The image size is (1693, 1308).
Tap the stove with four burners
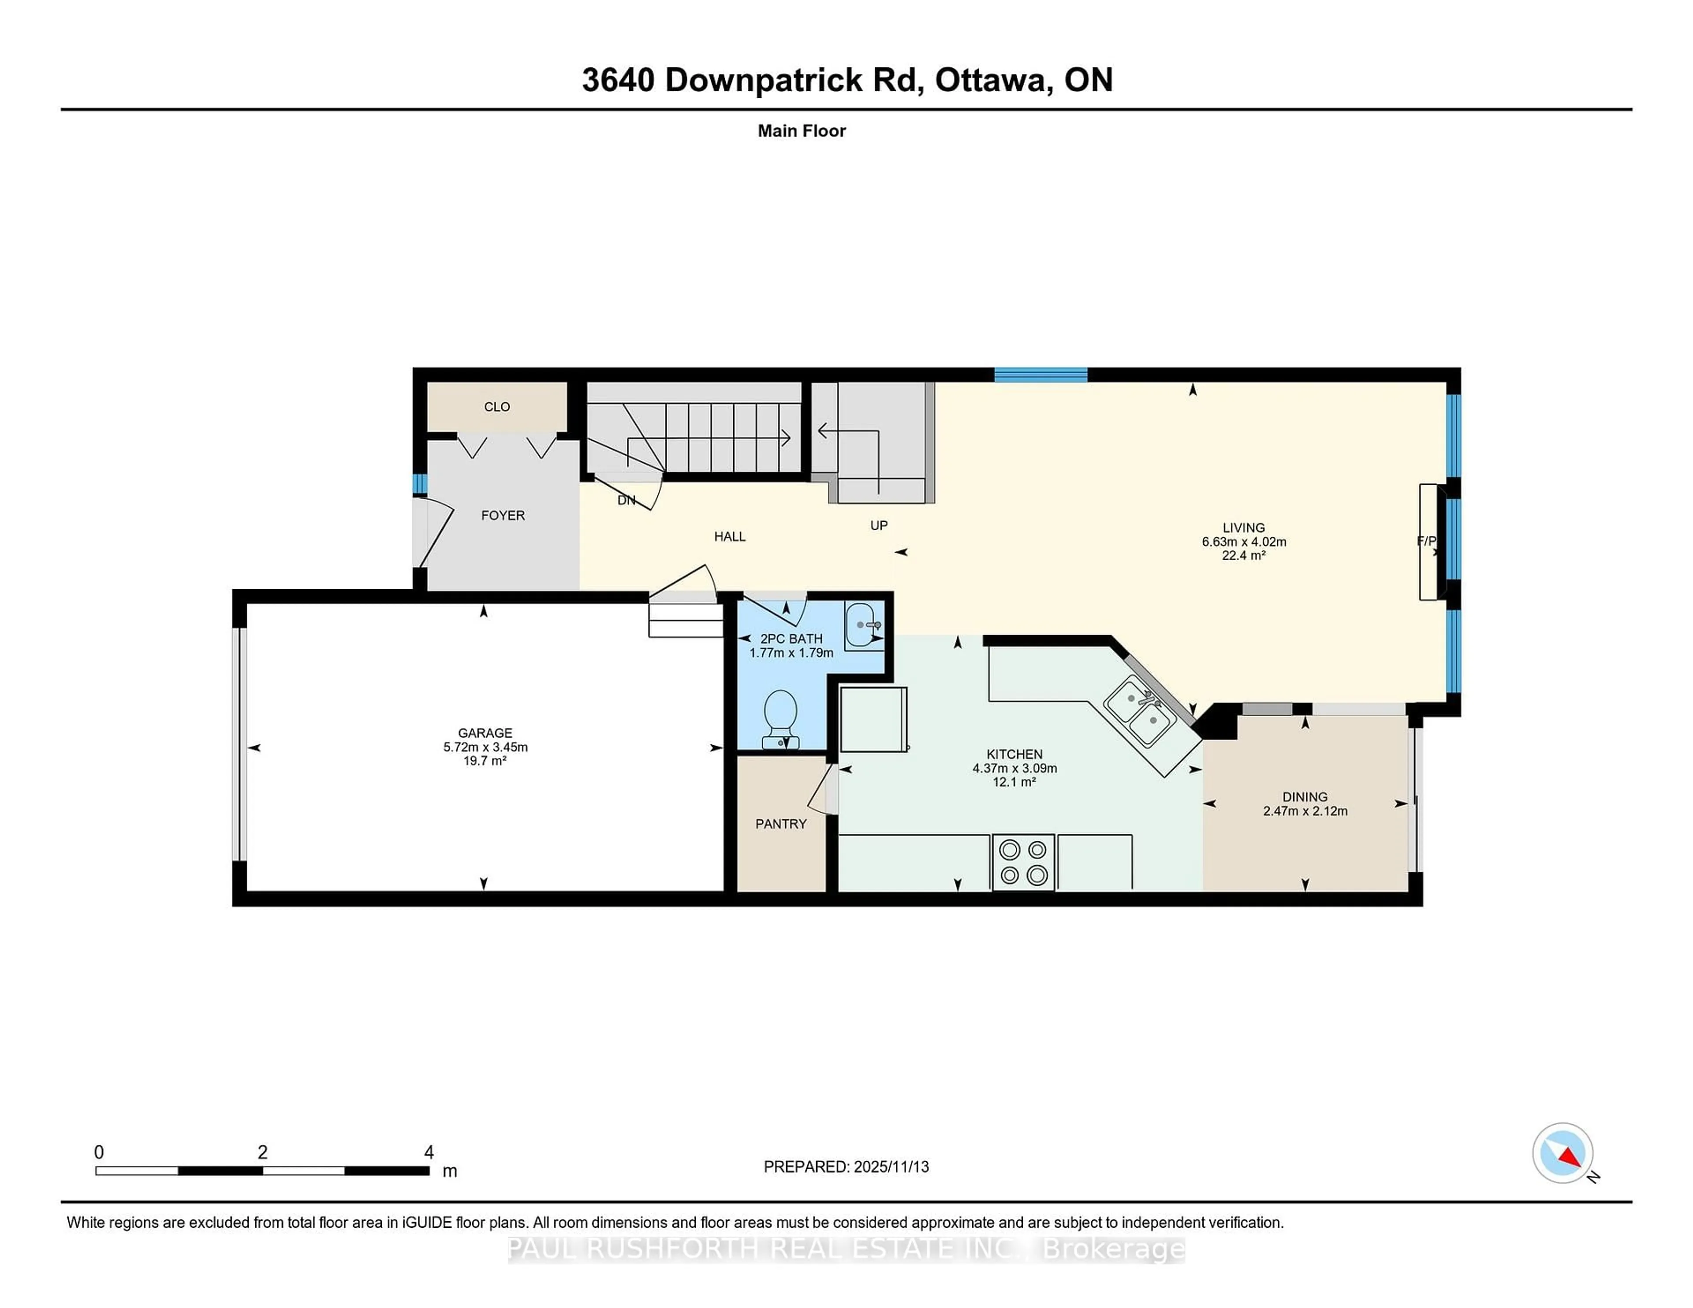1022,862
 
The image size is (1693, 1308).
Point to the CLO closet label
497,407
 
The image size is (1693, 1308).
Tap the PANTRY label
781,824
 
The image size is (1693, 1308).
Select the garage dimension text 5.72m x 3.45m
485,747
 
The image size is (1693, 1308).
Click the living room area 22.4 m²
1243,556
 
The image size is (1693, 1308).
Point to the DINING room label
1305,797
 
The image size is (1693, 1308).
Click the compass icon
1562,1153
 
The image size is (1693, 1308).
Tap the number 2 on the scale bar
263,1152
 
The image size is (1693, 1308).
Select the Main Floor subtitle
802,131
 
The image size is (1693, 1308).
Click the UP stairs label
878,525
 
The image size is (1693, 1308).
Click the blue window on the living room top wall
1040,375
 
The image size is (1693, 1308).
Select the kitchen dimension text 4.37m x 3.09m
1015,768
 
